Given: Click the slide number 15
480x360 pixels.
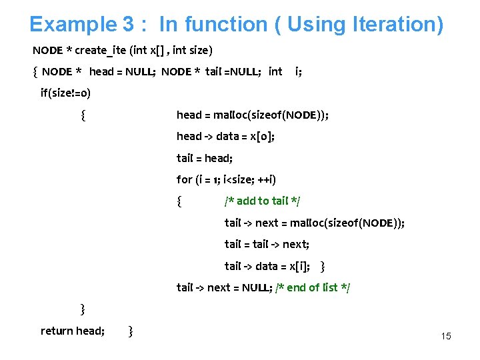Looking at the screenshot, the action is [446, 336].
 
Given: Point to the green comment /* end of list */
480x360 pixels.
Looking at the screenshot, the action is [313, 287].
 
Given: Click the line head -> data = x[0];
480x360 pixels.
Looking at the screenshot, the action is [225, 136].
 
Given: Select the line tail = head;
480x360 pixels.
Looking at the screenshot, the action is [204, 158].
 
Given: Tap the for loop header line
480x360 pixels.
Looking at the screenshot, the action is [226, 179].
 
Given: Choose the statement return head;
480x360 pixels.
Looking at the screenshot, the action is [72, 331].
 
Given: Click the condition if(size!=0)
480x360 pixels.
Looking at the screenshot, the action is [66, 93].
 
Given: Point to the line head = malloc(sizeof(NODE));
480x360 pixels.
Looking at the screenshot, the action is [252, 115].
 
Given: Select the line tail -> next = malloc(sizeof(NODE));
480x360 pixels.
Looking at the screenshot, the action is [314, 223].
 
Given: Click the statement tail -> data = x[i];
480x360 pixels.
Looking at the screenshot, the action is [267, 266].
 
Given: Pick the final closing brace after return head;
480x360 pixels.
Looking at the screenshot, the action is [131, 331].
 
